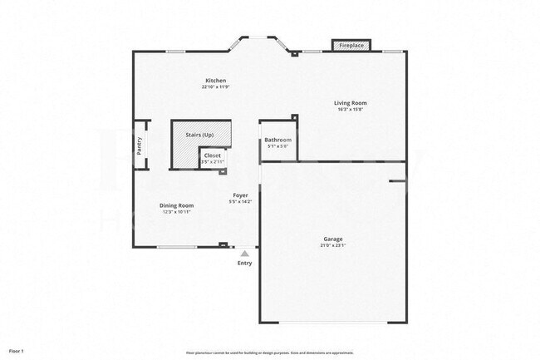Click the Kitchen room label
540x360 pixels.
[215, 81]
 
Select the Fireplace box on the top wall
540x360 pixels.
[351, 45]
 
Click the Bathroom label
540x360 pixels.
[278, 141]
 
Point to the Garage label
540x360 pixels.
[332, 239]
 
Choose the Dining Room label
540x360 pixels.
[177, 205]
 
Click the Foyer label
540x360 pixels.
[240, 195]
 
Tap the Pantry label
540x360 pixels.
[140, 145]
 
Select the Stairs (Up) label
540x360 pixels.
[199, 135]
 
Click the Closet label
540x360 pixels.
[213, 155]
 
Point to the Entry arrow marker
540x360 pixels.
[244, 253]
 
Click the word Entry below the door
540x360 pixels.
[244, 263]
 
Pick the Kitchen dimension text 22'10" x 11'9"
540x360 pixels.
[215, 87]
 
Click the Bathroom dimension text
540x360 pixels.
[278, 147]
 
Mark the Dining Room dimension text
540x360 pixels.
[177, 212]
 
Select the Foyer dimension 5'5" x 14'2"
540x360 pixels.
[240, 202]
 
